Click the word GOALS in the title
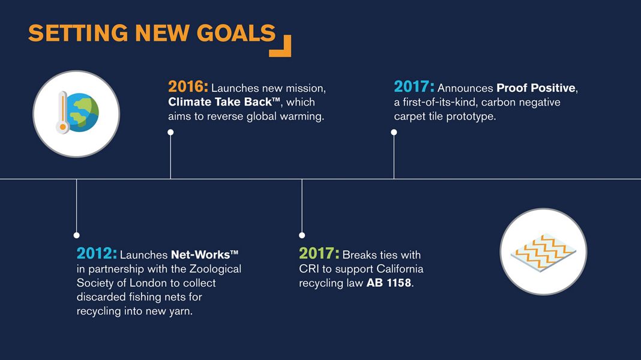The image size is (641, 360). point(236,33)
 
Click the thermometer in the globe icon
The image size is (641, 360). point(62,112)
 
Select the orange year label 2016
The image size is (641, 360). point(188,86)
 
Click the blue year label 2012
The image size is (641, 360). point(97,253)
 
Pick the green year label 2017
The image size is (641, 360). point(319,253)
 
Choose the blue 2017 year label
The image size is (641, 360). point(414,86)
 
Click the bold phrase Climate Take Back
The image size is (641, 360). point(220,102)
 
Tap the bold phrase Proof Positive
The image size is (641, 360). point(536,88)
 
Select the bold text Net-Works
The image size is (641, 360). point(200,254)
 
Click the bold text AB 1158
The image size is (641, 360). point(389,283)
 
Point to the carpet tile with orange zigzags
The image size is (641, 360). point(543,252)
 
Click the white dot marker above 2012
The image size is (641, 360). point(76,235)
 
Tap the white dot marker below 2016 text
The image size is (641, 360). point(170,133)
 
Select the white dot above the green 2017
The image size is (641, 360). point(302,235)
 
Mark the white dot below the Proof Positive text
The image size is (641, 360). point(394,133)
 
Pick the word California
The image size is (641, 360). point(400,269)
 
